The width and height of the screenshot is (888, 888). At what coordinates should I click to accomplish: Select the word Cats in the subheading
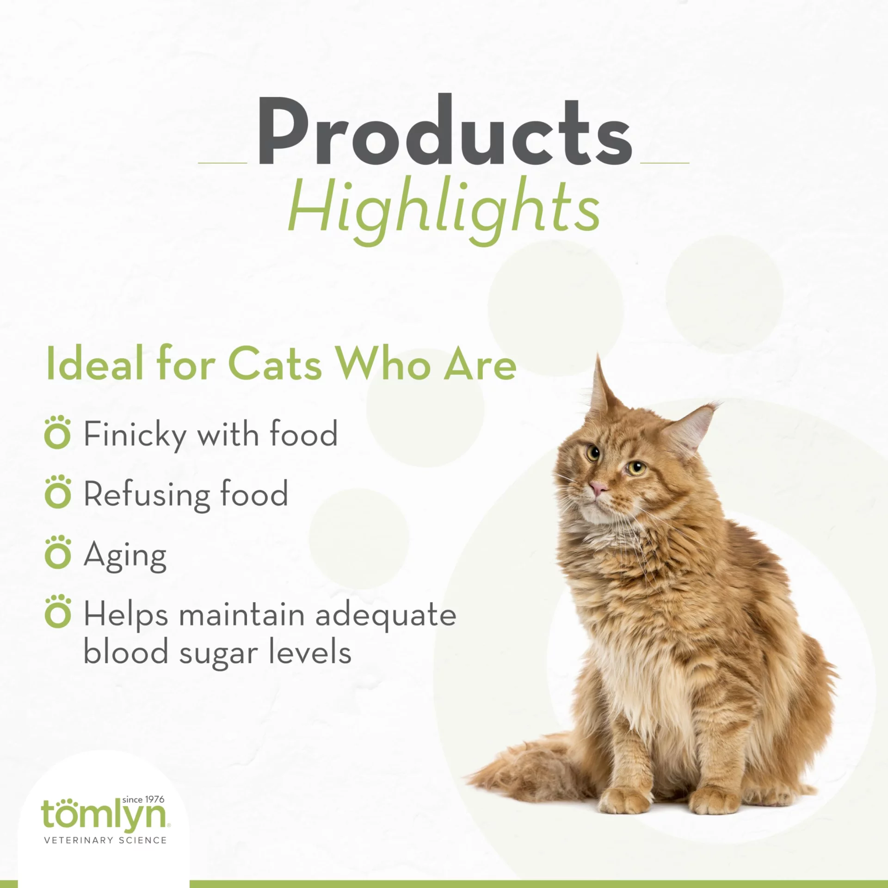275,366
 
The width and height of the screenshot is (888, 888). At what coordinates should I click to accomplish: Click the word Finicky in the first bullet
135,435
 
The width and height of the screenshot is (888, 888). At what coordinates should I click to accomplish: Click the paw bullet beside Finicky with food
58,433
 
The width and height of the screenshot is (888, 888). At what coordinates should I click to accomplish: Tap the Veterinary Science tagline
105,840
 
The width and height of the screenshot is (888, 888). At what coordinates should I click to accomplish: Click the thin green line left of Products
222,163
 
